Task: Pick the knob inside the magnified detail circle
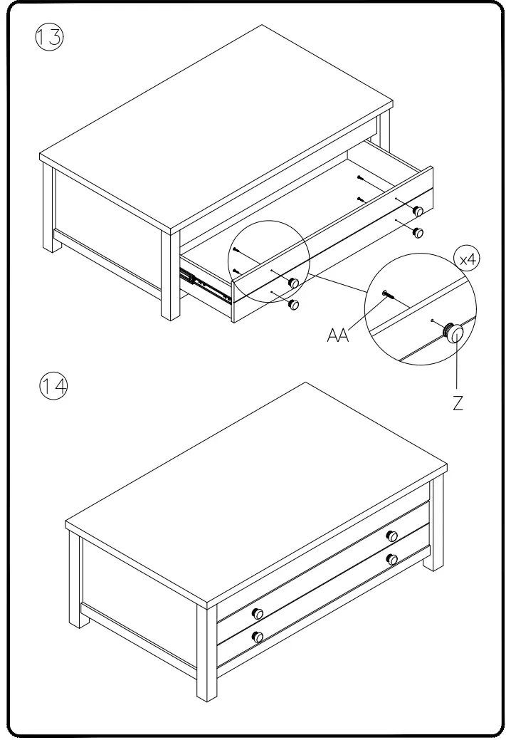453,332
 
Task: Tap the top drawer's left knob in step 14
258,613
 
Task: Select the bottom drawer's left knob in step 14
258,636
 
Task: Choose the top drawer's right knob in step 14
391,536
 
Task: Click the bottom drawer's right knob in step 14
391,559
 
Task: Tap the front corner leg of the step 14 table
206,655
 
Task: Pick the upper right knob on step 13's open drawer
418,210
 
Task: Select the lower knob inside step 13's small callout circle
292,304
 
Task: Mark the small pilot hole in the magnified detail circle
432,321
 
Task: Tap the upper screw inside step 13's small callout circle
236,250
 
